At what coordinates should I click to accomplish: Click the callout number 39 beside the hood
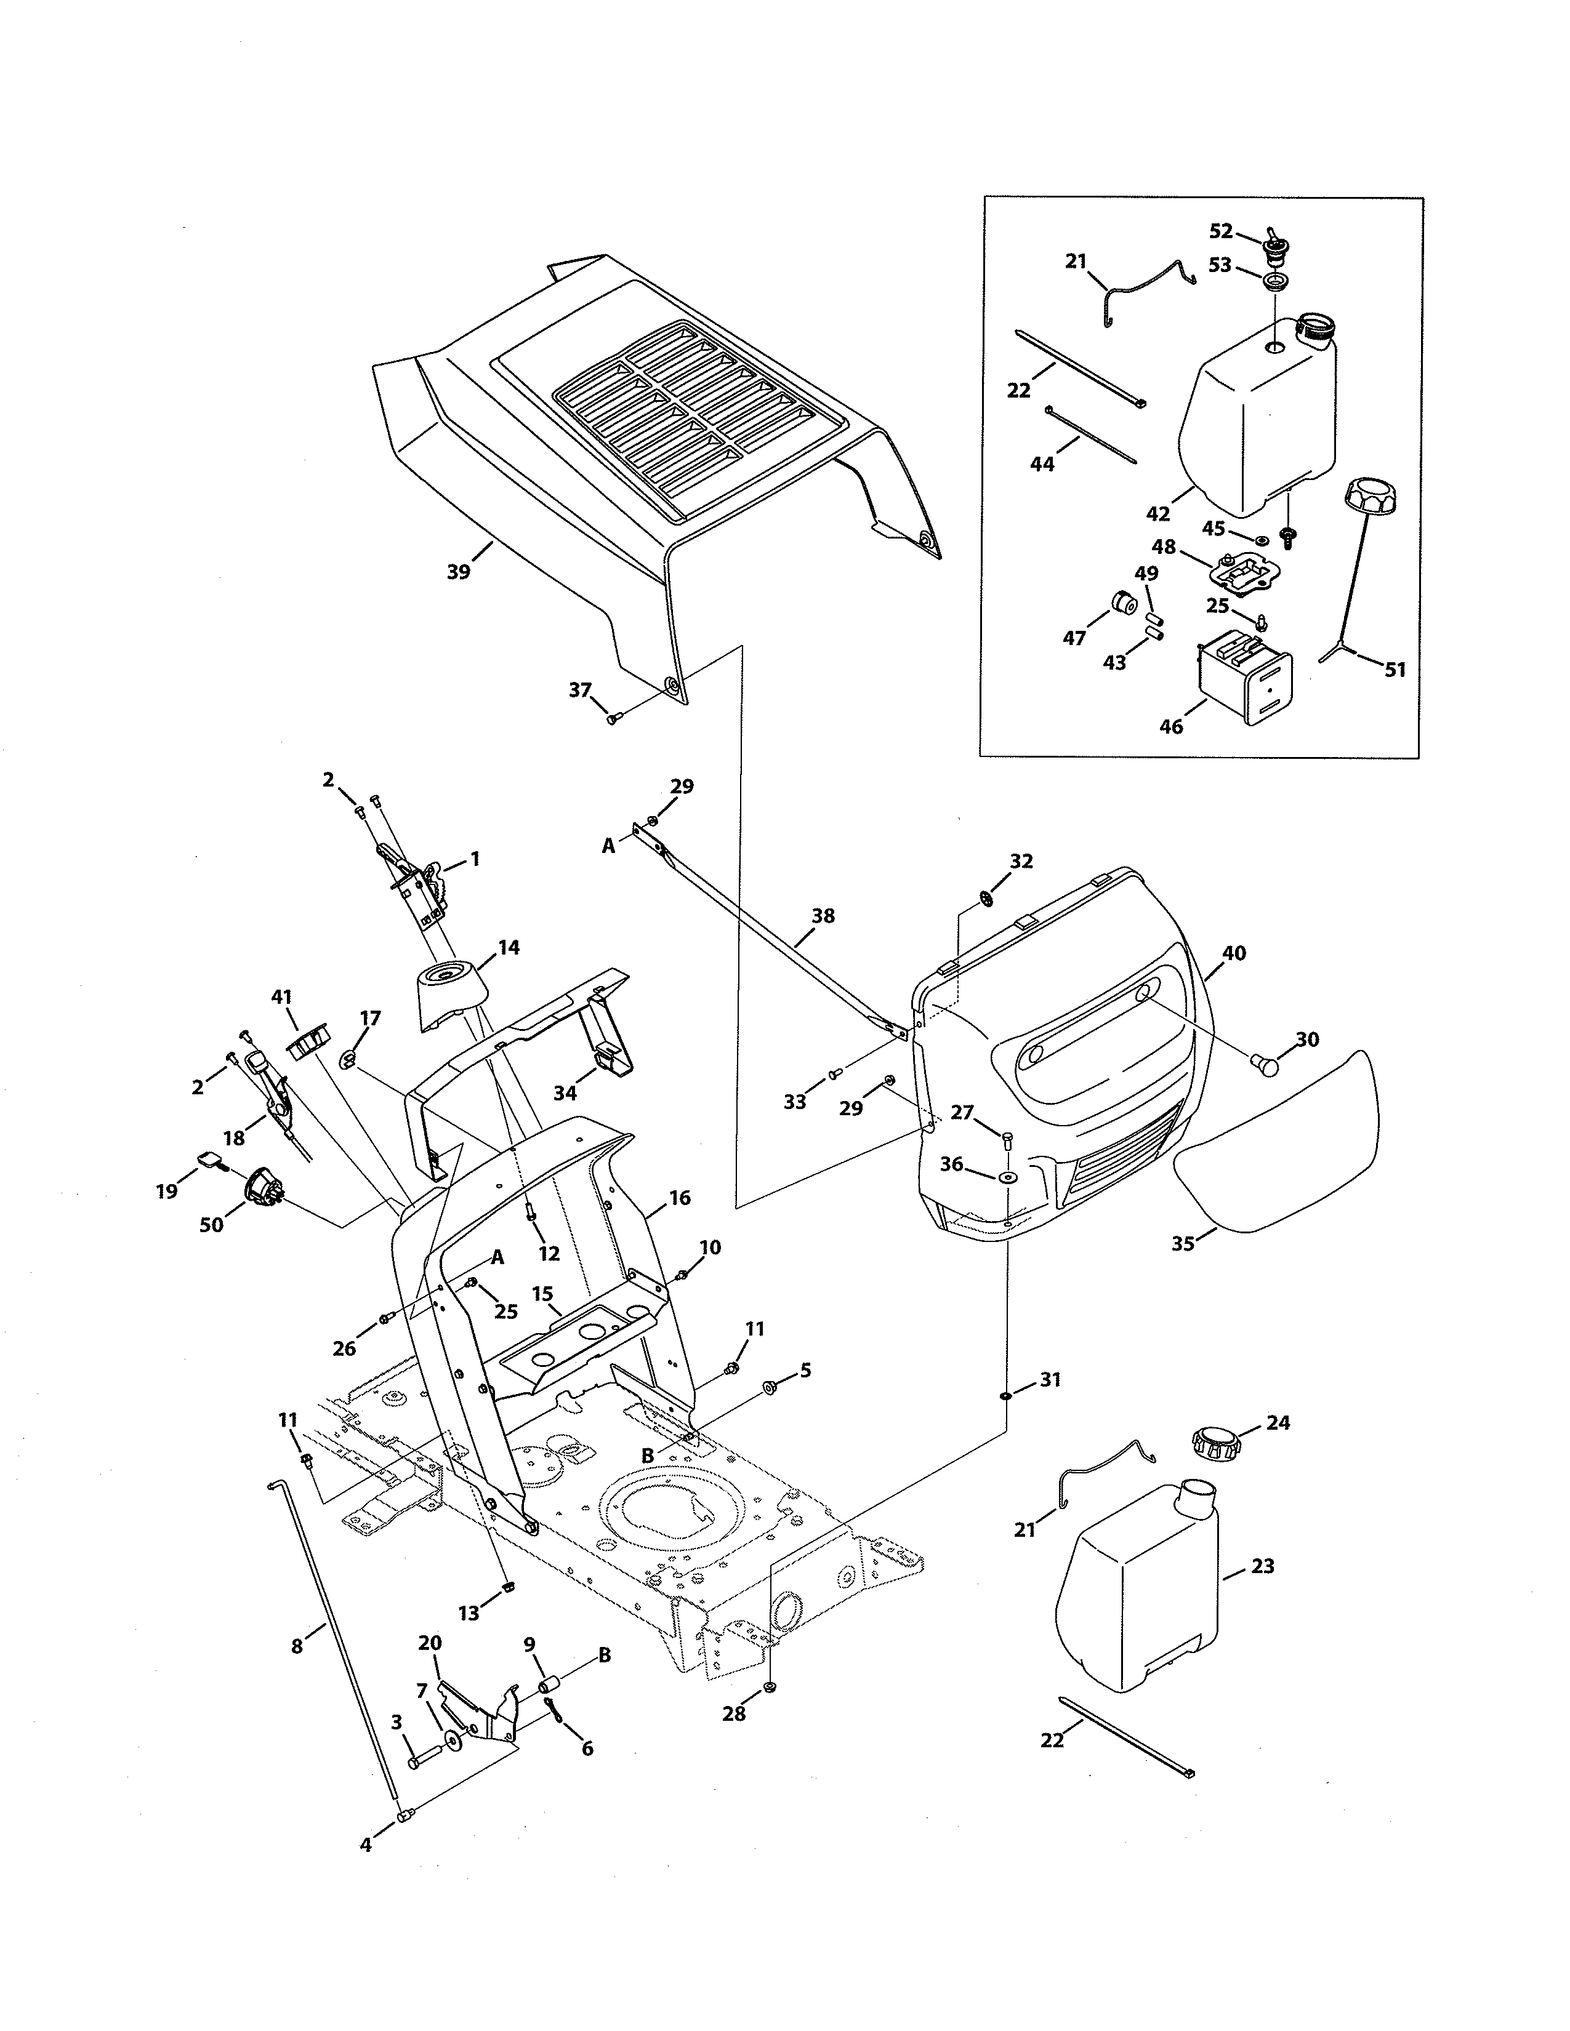point(459,572)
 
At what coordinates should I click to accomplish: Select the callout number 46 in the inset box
point(1171,726)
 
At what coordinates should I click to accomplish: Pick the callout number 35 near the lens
point(1183,1243)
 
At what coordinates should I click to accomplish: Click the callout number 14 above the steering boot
point(508,948)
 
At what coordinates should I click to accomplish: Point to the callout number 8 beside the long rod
point(297,1646)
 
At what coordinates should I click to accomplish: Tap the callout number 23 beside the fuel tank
point(1262,1566)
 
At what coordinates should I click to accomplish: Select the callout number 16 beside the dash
point(680,1198)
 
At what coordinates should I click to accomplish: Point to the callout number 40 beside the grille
point(1234,953)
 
